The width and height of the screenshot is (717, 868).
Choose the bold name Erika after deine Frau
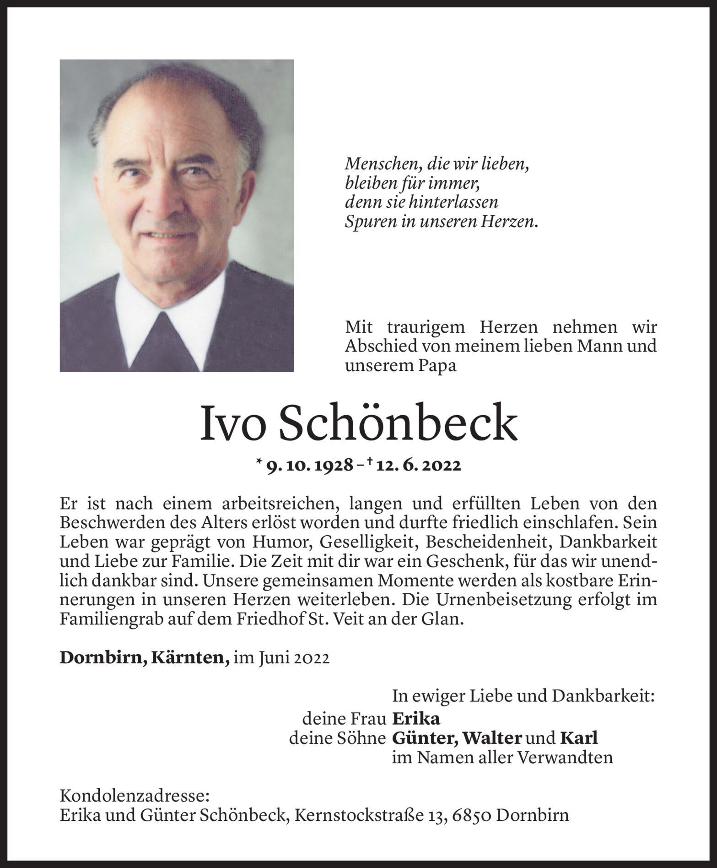(x=416, y=719)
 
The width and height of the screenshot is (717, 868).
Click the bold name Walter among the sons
(x=492, y=738)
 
